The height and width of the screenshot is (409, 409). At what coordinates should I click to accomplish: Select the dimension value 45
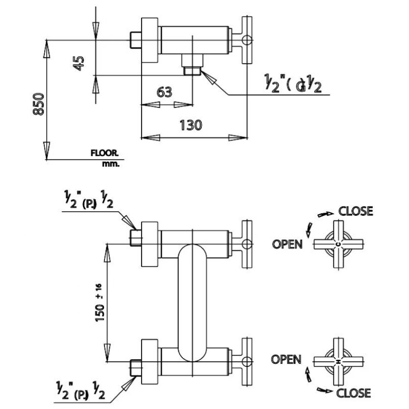click(79, 63)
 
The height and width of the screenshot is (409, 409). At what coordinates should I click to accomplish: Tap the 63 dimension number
click(164, 92)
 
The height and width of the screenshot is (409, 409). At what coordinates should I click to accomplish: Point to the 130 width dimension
click(190, 125)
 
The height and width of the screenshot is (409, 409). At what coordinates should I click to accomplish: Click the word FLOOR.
click(104, 153)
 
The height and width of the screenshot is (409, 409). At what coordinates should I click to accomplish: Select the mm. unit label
click(110, 164)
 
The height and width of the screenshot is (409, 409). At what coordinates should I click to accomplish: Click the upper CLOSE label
click(356, 211)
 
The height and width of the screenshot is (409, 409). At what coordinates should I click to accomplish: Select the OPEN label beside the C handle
click(287, 244)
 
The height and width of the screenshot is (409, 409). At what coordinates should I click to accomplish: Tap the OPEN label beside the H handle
click(286, 359)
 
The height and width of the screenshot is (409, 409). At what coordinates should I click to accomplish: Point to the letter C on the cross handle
click(338, 244)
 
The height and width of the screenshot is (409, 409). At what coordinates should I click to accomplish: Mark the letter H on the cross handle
click(338, 362)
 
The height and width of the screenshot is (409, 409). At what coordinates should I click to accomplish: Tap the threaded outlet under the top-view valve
click(192, 70)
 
